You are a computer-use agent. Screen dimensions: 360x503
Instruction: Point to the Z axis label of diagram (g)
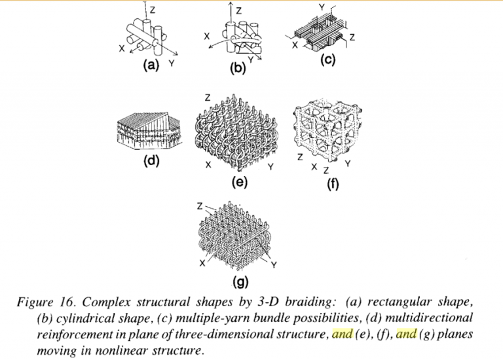tap(200, 206)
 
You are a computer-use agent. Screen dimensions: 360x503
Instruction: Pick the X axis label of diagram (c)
tap(294, 46)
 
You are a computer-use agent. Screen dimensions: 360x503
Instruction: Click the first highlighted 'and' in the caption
tap(342, 334)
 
